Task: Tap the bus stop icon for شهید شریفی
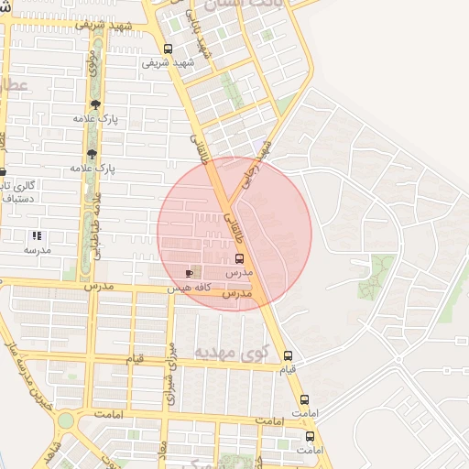[167, 49]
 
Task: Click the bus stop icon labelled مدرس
[240, 258]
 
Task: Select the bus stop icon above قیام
[288, 355]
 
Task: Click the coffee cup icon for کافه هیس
[190, 273]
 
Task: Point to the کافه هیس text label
[190, 288]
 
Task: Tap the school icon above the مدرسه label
[37, 235]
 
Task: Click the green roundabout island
[66, 421]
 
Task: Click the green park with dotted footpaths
[381, 272]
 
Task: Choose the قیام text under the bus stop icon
[288, 369]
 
